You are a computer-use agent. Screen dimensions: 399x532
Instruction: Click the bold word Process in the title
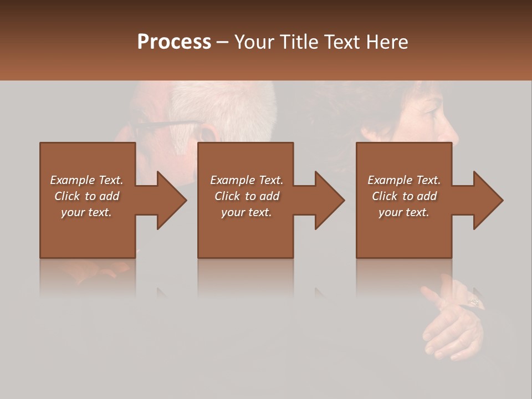[x=174, y=42]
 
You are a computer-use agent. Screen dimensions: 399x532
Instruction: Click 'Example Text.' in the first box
[x=86, y=180]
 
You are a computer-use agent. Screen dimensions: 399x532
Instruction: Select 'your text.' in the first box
[x=86, y=212]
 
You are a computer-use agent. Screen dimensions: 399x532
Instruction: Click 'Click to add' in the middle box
[x=247, y=196]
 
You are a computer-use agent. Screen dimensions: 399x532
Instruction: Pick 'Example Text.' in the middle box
[x=247, y=180]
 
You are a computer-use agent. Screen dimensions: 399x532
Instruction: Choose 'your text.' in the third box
[x=404, y=212]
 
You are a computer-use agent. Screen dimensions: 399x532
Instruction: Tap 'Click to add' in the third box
[x=404, y=196]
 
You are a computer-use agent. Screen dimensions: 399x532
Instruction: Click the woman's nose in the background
[x=450, y=133]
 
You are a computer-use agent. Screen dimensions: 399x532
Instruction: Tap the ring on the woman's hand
[x=474, y=302]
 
